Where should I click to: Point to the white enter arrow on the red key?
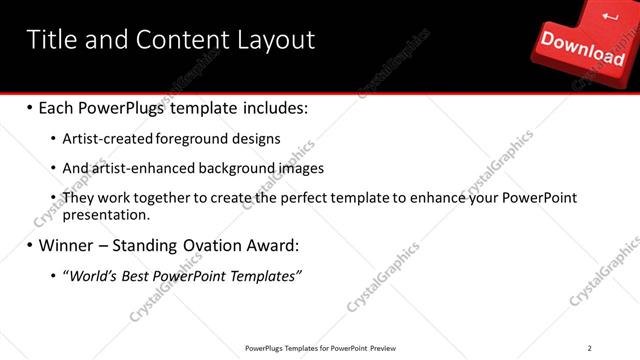pyautogui.click(x=611, y=14)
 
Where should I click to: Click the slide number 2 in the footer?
pyautogui.click(x=590, y=347)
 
